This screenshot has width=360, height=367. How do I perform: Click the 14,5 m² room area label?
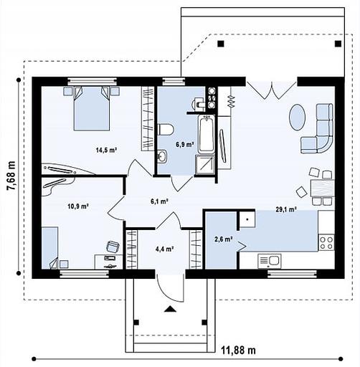click(106, 150)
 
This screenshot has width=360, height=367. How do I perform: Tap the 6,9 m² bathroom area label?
click(185, 144)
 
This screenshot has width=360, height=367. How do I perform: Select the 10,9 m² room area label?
click(78, 206)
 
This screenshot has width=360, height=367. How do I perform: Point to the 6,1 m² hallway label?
click(159, 201)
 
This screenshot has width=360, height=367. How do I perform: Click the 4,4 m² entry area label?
click(164, 249)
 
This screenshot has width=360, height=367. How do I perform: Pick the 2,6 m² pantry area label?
click(224, 239)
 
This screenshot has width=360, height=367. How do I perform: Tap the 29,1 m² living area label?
click(286, 209)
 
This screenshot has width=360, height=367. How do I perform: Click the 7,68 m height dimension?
click(11, 176)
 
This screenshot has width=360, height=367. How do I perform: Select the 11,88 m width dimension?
click(238, 351)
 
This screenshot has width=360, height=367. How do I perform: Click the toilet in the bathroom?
click(166, 130)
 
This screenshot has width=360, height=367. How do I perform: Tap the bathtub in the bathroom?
click(207, 134)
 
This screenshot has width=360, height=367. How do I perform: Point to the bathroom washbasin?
click(162, 156)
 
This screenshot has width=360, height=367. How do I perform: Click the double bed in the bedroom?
click(92, 108)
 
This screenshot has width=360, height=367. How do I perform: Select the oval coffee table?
click(297, 118)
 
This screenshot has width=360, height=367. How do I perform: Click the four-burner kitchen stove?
click(326, 242)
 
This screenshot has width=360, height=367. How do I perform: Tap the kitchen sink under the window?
click(270, 260)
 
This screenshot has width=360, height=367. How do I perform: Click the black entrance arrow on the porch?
click(170, 309)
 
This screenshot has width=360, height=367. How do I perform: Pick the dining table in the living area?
click(323, 189)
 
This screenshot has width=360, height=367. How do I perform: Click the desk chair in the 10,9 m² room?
click(113, 247)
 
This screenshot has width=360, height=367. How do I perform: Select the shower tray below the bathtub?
click(205, 165)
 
